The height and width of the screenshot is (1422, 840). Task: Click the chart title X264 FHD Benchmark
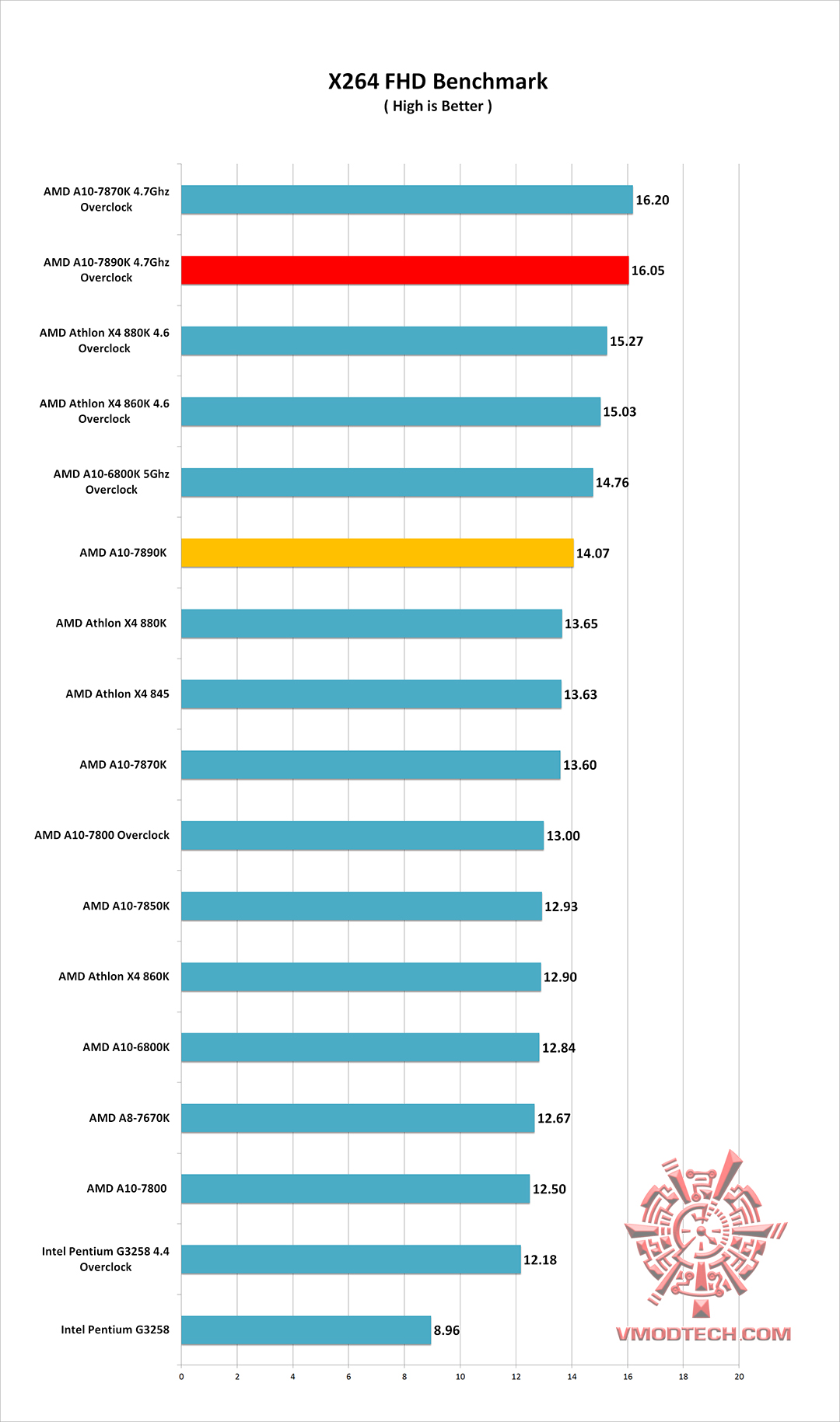(438, 82)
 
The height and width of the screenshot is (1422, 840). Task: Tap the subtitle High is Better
(438, 107)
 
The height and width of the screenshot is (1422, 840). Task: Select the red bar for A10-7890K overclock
(404, 271)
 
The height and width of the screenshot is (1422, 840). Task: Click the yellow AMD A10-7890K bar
(377, 553)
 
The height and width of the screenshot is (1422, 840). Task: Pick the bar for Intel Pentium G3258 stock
(306, 1330)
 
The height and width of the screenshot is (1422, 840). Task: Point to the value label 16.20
(652, 201)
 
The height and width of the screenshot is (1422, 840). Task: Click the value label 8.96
(446, 1330)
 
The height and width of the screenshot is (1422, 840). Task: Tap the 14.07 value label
(593, 554)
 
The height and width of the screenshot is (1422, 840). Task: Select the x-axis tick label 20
(739, 1377)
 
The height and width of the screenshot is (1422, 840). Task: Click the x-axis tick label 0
(181, 1377)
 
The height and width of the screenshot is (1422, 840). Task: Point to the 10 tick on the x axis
(460, 1377)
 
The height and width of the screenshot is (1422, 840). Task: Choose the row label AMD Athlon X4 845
(117, 694)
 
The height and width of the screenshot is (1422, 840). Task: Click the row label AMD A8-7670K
(129, 1118)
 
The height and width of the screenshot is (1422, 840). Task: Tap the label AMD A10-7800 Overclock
(102, 835)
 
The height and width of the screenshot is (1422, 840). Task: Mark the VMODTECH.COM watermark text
(703, 1334)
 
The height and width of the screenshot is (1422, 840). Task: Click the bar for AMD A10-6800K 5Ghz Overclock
(387, 482)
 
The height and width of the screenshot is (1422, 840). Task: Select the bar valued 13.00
(362, 836)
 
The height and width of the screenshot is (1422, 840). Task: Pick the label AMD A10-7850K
(126, 906)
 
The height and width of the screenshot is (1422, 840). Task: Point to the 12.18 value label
(540, 1260)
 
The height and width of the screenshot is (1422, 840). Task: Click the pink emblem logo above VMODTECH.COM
(704, 1231)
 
